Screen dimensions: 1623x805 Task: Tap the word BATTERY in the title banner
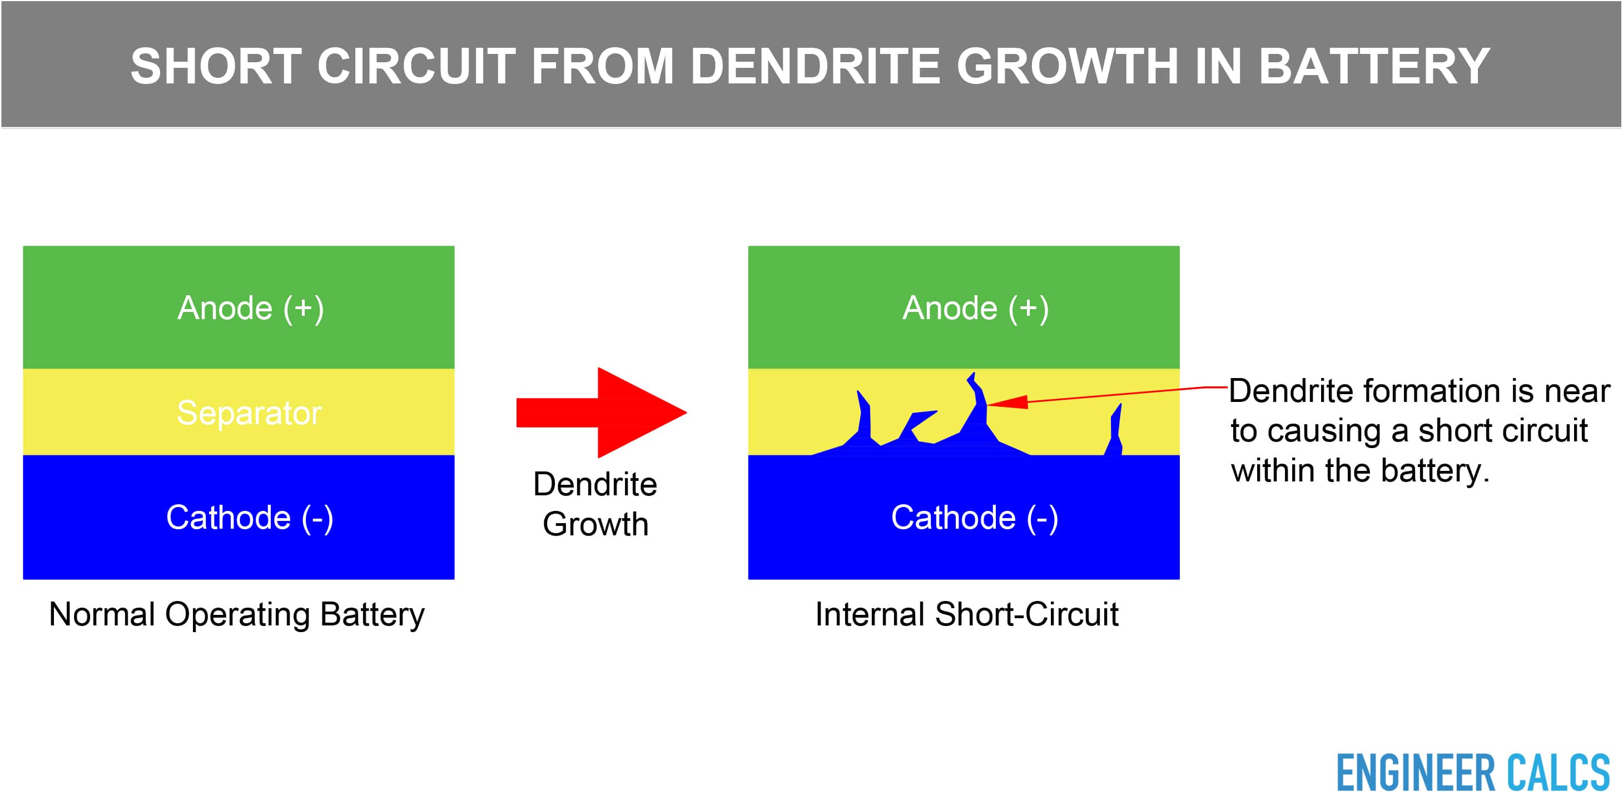[1374, 66]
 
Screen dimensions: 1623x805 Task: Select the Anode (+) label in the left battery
[251, 309]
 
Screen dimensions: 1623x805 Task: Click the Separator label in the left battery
[249, 413]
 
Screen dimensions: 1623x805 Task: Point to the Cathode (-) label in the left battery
[250, 518]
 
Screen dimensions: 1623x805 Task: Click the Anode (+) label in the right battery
[975, 309]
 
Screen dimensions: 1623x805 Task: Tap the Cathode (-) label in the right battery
[974, 518]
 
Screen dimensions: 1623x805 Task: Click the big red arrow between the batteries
[601, 413]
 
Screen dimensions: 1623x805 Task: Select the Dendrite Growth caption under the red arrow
[595, 504]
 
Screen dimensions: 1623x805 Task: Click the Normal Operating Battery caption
[237, 614]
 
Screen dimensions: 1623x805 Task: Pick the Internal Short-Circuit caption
[966, 614]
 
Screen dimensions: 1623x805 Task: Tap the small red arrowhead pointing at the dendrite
[1007, 402]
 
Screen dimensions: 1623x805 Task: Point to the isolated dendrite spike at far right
[1115, 430]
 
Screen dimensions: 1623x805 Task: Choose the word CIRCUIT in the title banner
[416, 66]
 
